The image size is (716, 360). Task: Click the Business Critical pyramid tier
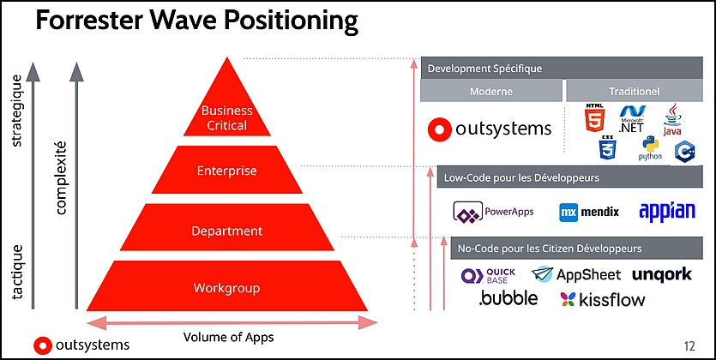227,110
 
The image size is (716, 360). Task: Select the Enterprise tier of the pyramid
227,170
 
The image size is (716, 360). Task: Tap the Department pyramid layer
227,227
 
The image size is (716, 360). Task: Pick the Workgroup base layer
227,286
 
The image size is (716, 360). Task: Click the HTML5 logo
594,118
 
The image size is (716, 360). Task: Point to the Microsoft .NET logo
632,118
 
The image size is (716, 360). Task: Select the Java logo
672,119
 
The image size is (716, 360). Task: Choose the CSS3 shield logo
608,147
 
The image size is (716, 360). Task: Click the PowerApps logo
493,212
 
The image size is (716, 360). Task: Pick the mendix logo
589,213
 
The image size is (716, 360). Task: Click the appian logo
667,211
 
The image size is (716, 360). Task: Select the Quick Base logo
488,276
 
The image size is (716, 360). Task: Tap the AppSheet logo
576,274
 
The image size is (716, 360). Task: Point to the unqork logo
662,274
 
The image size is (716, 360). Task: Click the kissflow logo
603,300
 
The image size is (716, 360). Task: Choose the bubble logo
508,298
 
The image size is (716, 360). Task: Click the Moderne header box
491,91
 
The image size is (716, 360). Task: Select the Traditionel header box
635,91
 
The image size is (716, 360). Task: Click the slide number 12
689,346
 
